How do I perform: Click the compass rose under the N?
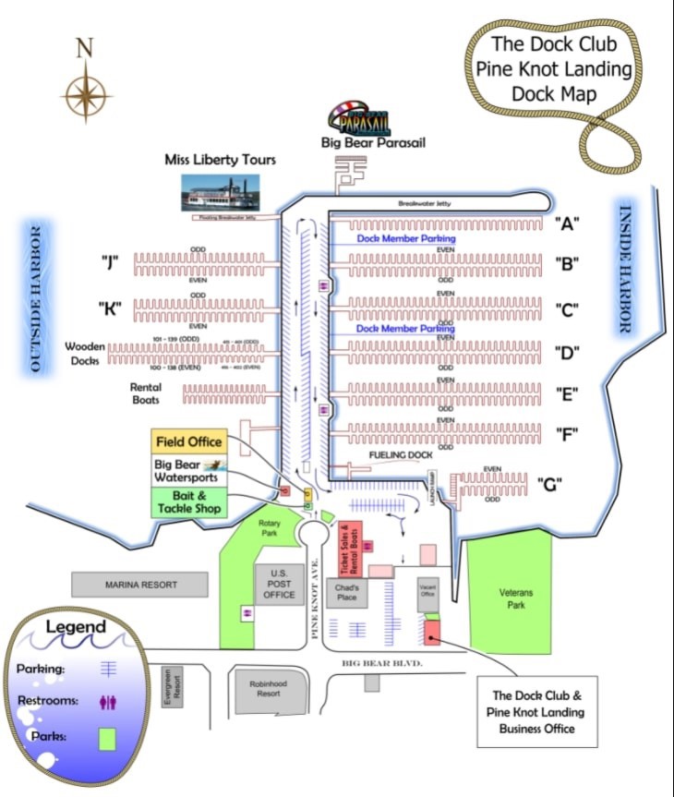pyautogui.click(x=86, y=92)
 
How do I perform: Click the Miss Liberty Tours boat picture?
pyautogui.click(x=220, y=193)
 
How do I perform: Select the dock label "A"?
pyautogui.click(x=566, y=223)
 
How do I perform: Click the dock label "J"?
pyautogui.click(x=111, y=263)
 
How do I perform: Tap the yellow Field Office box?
pyautogui.click(x=188, y=441)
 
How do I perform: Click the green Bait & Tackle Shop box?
pyautogui.click(x=187, y=502)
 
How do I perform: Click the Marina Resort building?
pyautogui.click(x=140, y=585)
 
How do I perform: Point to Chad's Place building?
pyautogui.click(x=347, y=593)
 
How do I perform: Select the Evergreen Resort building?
pyautogui.click(x=170, y=687)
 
